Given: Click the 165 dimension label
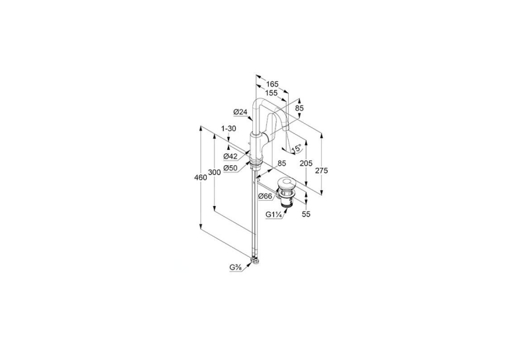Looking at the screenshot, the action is click(272, 84).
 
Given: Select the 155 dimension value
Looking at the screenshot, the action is click(271, 93).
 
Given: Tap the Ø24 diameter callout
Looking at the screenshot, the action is click(240, 112).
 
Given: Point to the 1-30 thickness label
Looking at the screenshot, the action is click(229, 128).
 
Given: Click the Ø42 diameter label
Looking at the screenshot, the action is click(230, 157).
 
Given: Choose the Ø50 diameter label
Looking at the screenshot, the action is click(230, 168).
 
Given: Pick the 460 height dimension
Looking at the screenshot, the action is click(200, 178).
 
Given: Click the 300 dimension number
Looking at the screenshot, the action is click(214, 172).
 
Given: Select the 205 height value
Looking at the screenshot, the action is click(306, 164).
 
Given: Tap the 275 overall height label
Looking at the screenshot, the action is click(322, 170).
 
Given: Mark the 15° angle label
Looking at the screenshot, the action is click(296, 149).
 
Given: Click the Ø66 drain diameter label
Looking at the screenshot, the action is click(265, 196).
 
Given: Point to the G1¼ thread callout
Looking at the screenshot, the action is click(274, 214).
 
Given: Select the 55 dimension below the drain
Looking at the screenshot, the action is click(306, 214).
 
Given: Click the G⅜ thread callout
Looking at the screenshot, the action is click(236, 268).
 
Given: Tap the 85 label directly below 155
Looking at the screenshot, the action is click(299, 108).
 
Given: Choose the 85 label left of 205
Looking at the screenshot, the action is click(281, 164).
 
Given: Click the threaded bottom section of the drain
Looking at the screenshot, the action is click(287, 203).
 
